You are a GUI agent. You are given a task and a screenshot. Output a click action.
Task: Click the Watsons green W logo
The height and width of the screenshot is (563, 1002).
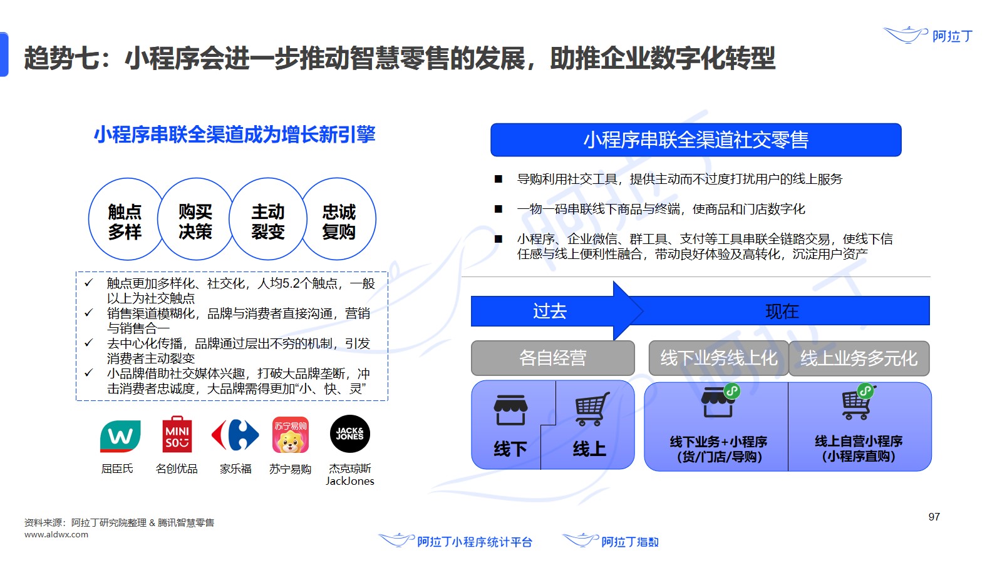(x=120, y=436)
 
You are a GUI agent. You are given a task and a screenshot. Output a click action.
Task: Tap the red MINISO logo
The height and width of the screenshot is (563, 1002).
(x=177, y=435)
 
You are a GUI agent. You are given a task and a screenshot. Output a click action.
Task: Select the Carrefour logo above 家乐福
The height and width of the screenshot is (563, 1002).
(x=235, y=435)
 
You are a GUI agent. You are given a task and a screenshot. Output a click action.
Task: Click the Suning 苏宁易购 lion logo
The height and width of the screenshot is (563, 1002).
(x=290, y=435)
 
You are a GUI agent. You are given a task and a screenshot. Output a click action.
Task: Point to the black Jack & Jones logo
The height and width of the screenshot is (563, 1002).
(x=350, y=434)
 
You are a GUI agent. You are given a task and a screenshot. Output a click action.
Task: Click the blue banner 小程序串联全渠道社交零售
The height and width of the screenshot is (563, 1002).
(x=696, y=140)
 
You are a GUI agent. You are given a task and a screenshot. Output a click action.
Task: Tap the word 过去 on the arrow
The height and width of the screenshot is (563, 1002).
(x=550, y=311)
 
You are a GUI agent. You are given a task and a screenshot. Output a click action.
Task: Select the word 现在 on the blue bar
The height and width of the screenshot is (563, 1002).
(x=782, y=311)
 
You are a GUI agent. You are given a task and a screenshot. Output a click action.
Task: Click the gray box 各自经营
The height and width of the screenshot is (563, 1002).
(x=552, y=358)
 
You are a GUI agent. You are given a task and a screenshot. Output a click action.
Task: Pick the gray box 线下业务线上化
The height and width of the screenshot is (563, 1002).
(x=718, y=358)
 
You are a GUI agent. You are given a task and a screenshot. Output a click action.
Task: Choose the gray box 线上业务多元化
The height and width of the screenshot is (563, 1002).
(x=859, y=358)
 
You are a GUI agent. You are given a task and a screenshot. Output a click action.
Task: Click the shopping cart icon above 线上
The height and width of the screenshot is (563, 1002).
(x=591, y=408)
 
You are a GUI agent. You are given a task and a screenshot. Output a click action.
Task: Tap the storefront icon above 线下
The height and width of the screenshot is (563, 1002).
(x=510, y=410)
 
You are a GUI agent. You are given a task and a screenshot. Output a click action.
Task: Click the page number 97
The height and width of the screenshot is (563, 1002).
(x=934, y=517)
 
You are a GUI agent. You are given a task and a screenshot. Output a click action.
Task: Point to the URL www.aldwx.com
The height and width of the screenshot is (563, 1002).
(x=56, y=535)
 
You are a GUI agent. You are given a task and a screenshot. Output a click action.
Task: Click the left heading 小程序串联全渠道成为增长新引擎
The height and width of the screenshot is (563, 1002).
(x=234, y=134)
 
